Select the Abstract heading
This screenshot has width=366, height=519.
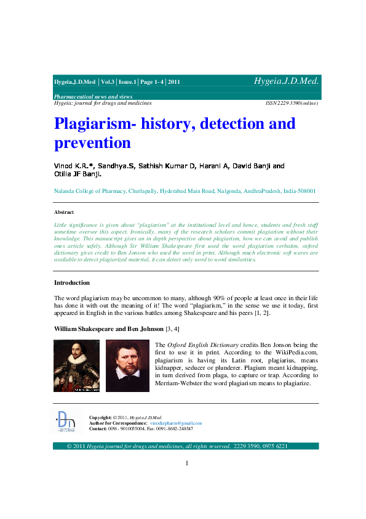click(64, 212)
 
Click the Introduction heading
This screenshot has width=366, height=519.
click(72, 283)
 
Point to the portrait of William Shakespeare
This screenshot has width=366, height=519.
click(76, 366)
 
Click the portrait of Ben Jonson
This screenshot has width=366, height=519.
click(127, 366)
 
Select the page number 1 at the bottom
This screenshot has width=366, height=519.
click(186, 463)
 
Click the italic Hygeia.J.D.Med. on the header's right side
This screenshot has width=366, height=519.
click(286, 81)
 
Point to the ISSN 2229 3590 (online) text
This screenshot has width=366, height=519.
click(291, 103)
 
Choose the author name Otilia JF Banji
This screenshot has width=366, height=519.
click(77, 174)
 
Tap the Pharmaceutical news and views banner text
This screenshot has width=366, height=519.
click(93, 97)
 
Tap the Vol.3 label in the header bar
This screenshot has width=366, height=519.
click(107, 82)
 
